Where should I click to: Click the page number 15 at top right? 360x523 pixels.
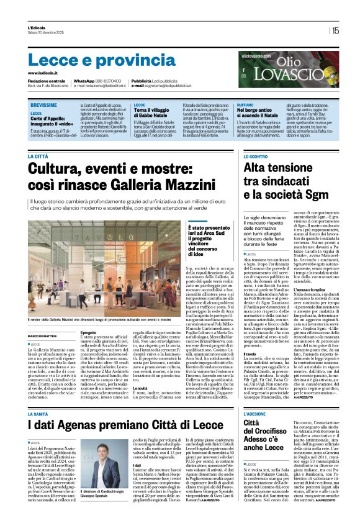point(336,29)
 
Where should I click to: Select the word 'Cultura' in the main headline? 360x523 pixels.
point(62,170)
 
